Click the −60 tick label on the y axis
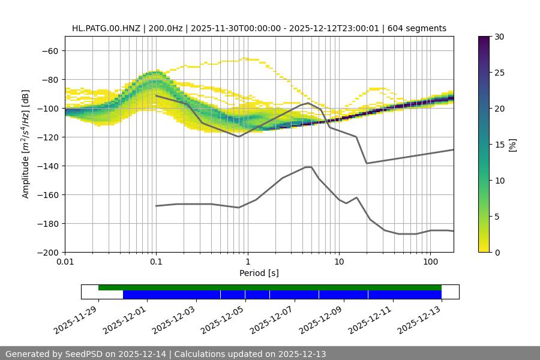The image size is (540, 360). (x=49, y=50)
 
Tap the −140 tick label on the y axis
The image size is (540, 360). (x=46, y=166)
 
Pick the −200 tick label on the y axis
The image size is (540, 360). (x=46, y=252)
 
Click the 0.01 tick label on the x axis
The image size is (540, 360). (x=65, y=263)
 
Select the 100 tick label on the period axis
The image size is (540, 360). (x=430, y=263)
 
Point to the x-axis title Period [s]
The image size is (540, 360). (x=259, y=273)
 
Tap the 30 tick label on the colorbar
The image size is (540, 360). (x=499, y=37)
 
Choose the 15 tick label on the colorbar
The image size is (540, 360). (x=499, y=145)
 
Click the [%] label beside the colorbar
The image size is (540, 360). (x=512, y=145)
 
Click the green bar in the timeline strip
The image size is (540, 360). (x=270, y=287)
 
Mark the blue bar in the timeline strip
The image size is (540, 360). (x=282, y=295)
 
